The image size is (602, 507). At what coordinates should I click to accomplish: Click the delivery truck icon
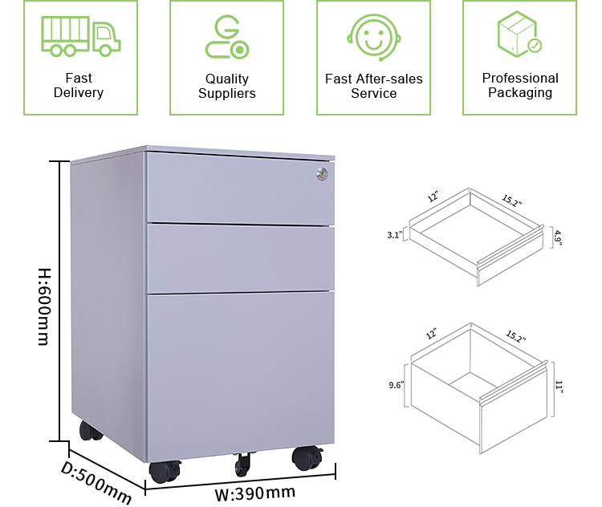point(79,37)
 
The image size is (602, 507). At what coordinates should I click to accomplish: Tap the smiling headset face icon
point(373,37)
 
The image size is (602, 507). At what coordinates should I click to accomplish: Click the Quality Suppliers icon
point(226,37)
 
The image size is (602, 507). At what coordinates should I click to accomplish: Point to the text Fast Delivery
point(79,85)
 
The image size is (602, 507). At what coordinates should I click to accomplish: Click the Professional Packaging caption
point(520,85)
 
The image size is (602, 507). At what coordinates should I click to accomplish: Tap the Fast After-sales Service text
point(374,86)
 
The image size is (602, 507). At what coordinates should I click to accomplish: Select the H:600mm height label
point(43,306)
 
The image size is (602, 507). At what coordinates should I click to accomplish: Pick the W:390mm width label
point(255,492)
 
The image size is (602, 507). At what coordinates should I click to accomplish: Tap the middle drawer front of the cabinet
point(240,258)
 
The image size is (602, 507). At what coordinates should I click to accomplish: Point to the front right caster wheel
point(305,459)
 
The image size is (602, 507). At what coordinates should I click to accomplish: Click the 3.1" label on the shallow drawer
point(393,236)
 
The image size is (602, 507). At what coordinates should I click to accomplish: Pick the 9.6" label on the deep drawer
point(394,385)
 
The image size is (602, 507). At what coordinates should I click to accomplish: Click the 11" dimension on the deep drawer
point(559,387)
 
